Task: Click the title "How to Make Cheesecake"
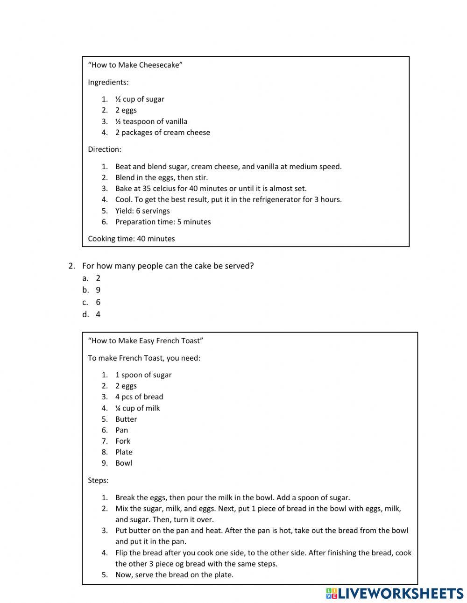(135, 65)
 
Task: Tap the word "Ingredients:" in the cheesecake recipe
(108, 82)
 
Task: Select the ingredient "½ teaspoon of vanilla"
(151, 121)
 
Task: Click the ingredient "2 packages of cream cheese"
(163, 133)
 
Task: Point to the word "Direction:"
(104, 149)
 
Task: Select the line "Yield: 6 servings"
(142, 211)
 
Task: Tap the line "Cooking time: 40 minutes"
(131, 239)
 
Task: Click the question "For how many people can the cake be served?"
(168, 266)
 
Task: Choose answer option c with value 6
(98, 302)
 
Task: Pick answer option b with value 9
(98, 290)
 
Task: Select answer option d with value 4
(98, 314)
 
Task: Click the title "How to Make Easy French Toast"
(145, 341)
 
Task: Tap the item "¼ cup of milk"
(137, 408)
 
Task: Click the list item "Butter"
(126, 419)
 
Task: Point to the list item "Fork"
(123, 441)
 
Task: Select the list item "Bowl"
(124, 463)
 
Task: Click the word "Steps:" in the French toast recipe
(98, 480)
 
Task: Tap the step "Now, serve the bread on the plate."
(174, 575)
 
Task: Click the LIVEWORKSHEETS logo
(395, 593)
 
